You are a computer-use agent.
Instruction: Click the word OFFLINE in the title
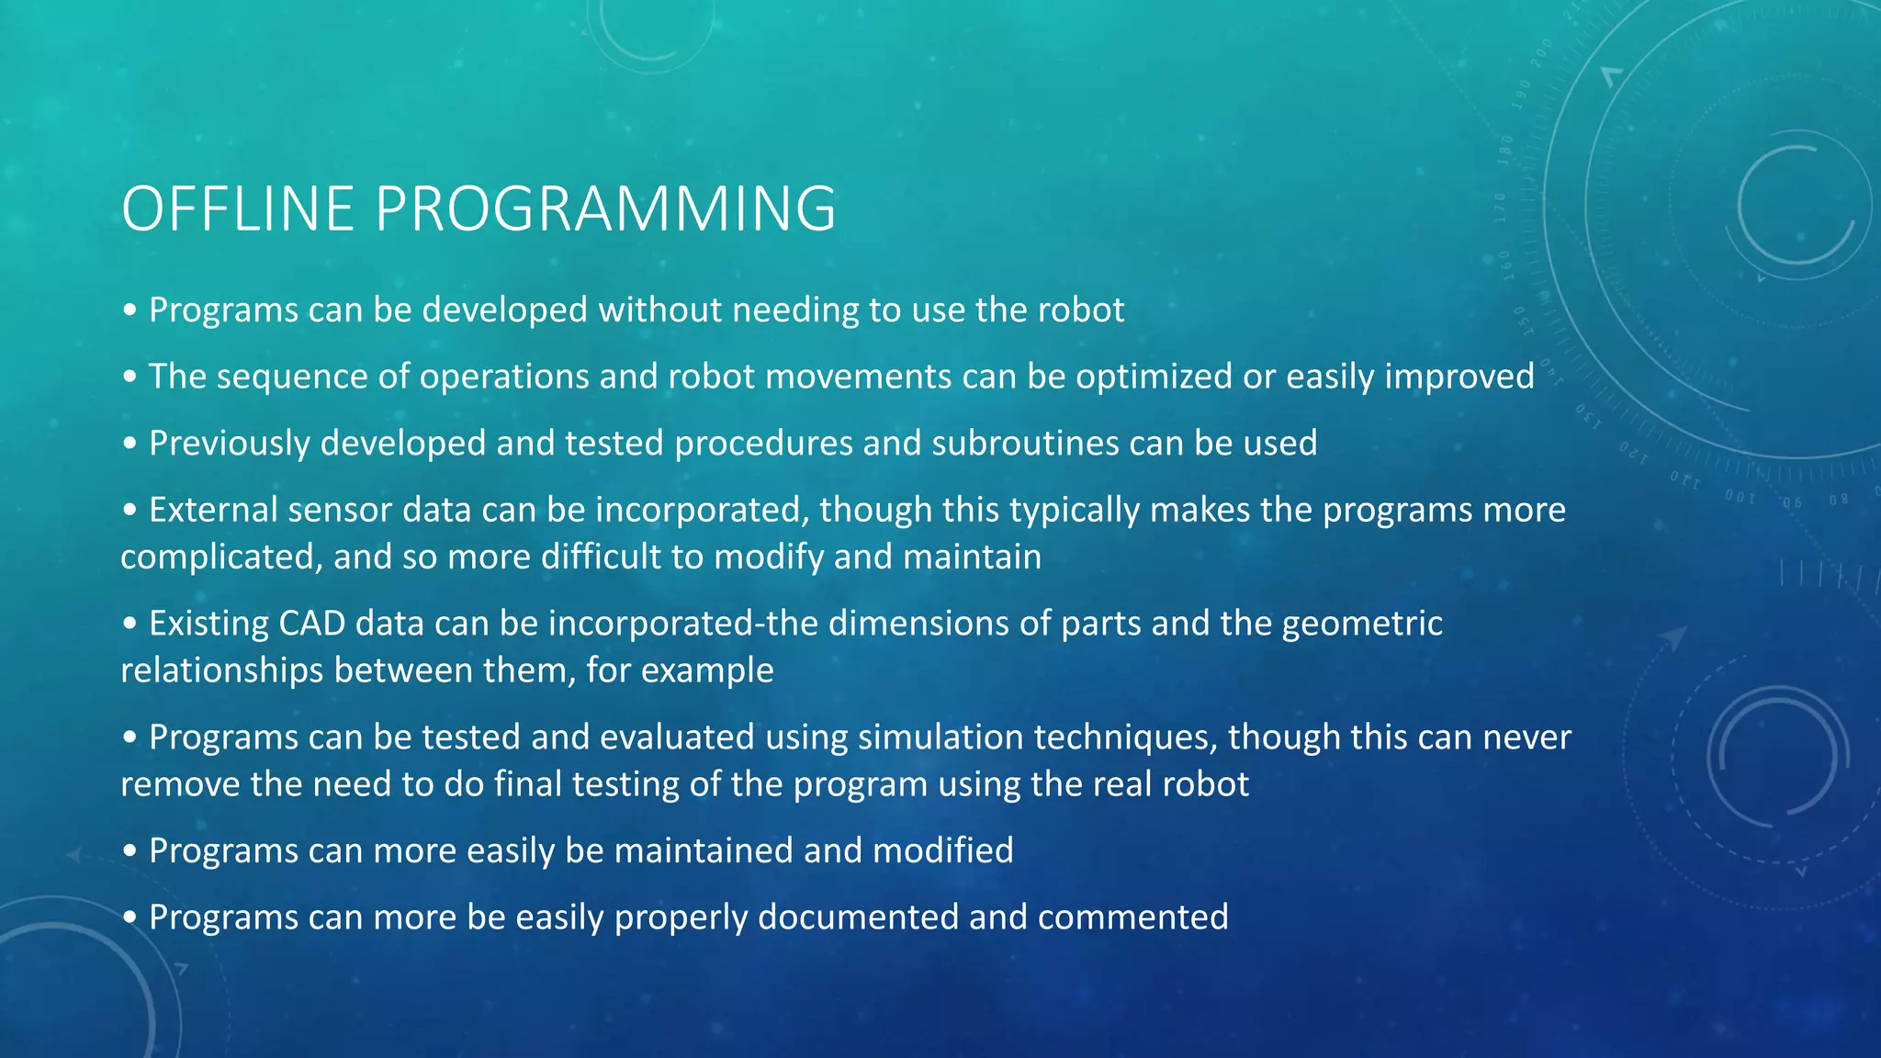coord(237,209)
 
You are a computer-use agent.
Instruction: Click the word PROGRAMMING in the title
coord(605,209)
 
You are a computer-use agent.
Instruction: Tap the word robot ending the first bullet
coord(1081,310)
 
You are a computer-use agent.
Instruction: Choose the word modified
coord(942,850)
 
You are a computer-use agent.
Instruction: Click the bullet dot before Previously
coord(130,445)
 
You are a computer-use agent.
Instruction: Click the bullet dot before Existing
coord(130,625)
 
